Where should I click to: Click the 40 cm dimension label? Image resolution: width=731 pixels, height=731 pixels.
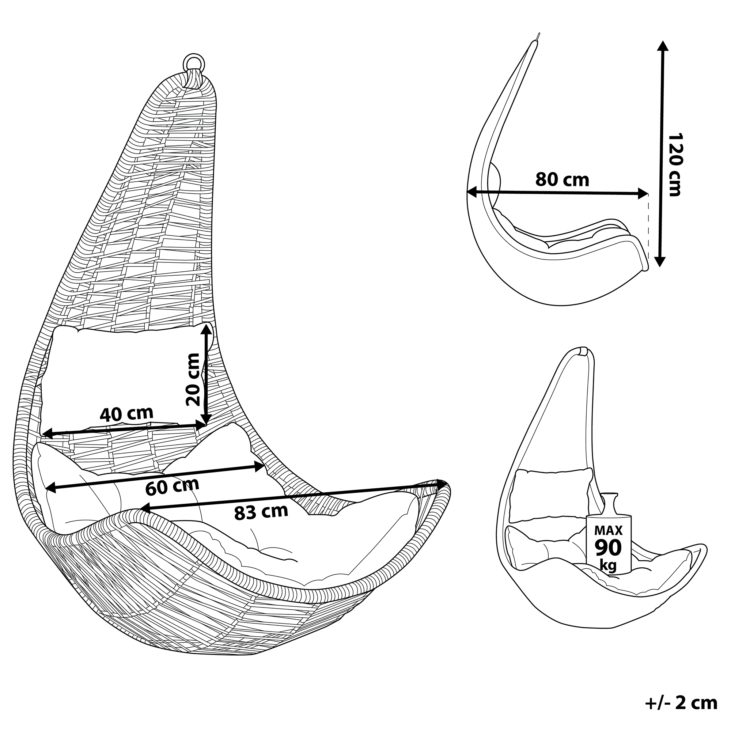tap(126, 414)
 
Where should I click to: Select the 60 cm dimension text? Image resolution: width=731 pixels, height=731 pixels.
tap(172, 487)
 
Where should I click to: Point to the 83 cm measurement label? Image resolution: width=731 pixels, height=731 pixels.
tap(261, 512)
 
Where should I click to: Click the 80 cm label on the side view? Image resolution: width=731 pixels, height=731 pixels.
tap(562, 179)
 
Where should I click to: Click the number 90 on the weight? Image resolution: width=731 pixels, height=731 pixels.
tap(609, 548)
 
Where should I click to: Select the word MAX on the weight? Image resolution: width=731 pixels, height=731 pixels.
tap(609, 530)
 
